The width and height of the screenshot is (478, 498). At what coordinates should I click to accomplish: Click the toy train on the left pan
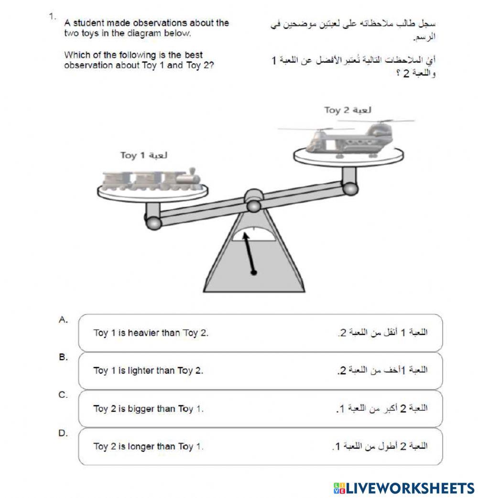[x=152, y=180]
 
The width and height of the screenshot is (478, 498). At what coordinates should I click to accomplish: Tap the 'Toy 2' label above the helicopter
[x=348, y=110]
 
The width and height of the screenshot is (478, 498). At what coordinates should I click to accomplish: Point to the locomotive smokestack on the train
[x=192, y=170]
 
